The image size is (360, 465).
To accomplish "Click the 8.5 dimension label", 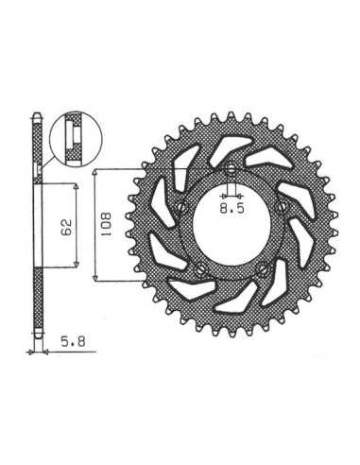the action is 231,209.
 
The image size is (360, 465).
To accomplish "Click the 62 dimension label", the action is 67,227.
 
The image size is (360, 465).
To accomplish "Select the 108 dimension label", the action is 106,225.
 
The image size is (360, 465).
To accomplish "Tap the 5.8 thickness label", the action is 73,341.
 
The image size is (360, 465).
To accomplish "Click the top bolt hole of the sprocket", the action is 231,170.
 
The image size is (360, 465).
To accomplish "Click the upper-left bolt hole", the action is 181,207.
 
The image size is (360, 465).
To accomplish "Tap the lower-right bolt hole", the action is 262,268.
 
